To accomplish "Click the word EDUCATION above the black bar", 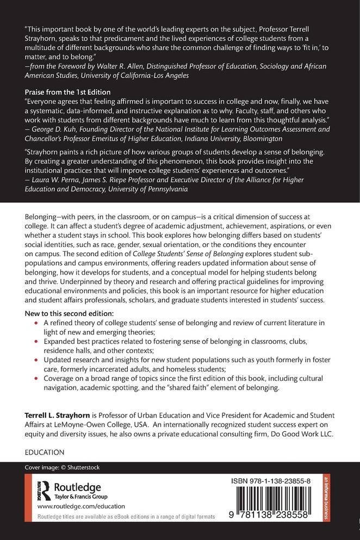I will click(45, 452).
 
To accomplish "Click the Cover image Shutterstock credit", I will click(62, 467).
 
